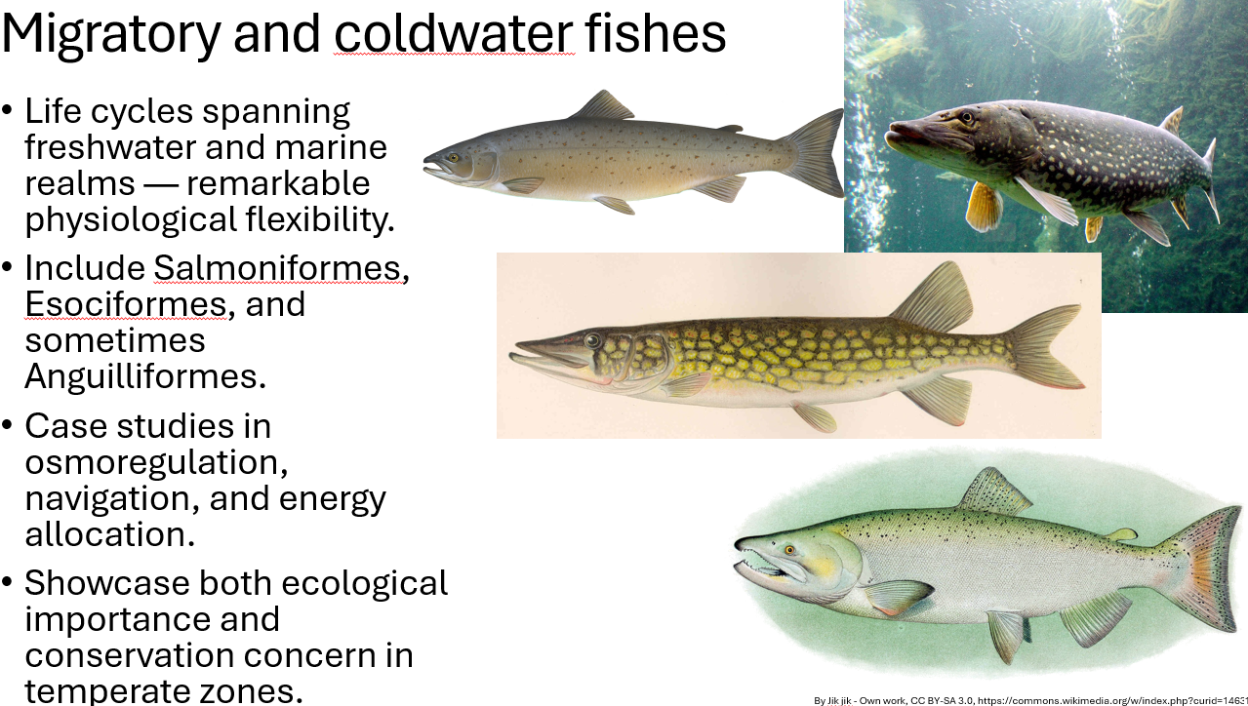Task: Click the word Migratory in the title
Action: [x=110, y=33]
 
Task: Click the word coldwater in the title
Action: [x=454, y=33]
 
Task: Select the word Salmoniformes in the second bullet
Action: [x=277, y=267]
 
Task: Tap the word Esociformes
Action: [x=126, y=304]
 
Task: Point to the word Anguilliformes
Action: [x=145, y=376]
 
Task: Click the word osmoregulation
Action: [x=156, y=461]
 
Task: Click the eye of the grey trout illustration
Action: [x=453, y=157]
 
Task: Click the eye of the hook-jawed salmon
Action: [x=788, y=551]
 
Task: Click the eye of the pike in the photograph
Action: [x=967, y=118]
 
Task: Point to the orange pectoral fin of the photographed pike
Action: [x=984, y=206]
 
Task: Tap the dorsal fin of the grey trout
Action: [x=601, y=105]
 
